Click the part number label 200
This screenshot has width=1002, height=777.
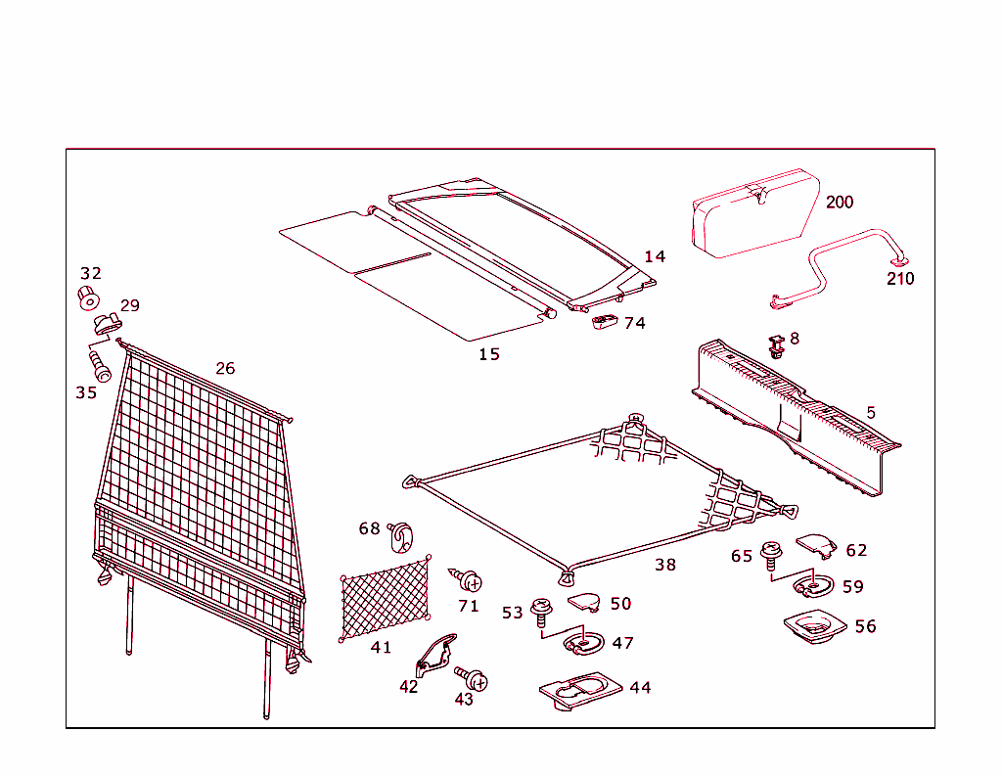(x=839, y=203)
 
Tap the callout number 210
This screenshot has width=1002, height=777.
(x=899, y=279)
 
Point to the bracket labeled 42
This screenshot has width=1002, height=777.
(x=435, y=655)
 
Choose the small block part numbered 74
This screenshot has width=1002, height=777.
(x=604, y=322)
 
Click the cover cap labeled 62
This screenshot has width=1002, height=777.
(x=813, y=543)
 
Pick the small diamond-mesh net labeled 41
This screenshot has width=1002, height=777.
(x=386, y=598)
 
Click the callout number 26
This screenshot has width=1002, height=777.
(x=225, y=369)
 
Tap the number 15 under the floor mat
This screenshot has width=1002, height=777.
(x=489, y=354)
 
